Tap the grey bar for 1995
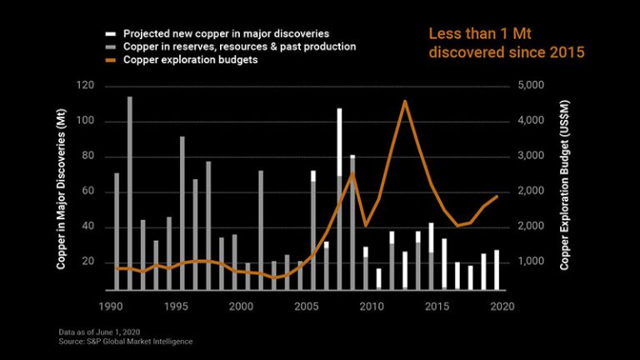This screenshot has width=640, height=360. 182,212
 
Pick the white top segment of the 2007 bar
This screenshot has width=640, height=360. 339,142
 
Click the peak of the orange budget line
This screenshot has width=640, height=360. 404,102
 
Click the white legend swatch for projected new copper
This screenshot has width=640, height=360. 110,33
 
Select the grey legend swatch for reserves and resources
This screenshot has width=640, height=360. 110,47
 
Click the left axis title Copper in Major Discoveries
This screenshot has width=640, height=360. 61,187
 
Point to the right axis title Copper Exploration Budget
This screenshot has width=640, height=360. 563,187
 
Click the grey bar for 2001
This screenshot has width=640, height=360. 261,229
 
